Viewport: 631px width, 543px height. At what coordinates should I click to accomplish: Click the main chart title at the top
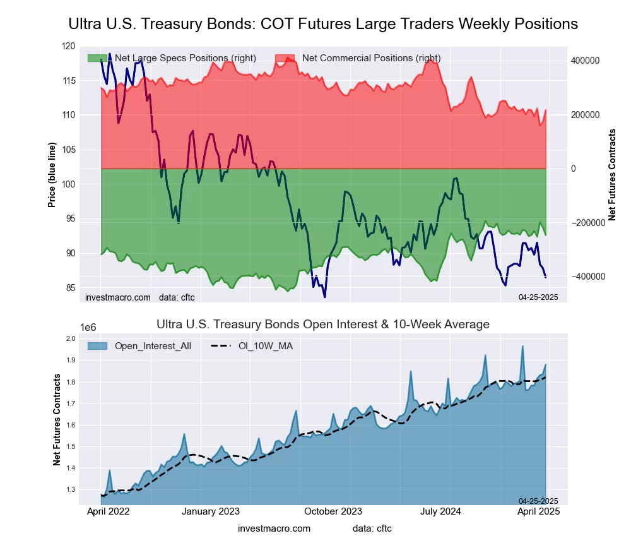pyautogui.click(x=322, y=24)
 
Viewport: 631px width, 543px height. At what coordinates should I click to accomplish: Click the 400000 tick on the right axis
pyautogui.click(x=585, y=61)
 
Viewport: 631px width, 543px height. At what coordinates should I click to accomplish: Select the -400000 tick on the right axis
pyautogui.click(x=586, y=277)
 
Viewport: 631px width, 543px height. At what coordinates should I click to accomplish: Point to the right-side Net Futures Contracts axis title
pyautogui.click(x=611, y=174)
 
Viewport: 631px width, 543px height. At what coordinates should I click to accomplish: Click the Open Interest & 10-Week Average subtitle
pyautogui.click(x=322, y=325)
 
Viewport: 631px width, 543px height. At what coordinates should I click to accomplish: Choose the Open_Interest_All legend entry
pyautogui.click(x=152, y=346)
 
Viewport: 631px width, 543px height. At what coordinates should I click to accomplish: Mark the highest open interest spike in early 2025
pyautogui.click(x=522, y=346)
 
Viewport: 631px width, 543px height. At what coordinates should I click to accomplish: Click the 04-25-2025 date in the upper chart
pyautogui.click(x=538, y=297)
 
